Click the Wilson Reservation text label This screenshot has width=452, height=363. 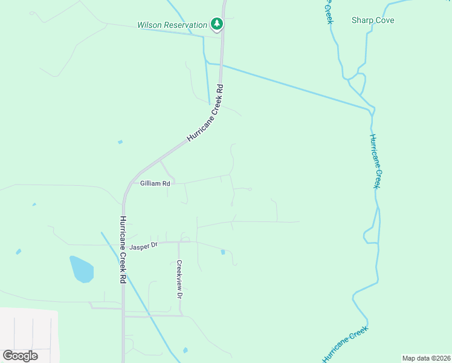click(172, 25)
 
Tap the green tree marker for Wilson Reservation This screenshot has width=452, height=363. click(217, 24)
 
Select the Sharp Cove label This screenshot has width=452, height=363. click(373, 20)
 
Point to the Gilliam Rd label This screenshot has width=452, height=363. click(155, 183)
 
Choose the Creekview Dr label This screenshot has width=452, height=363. click(179, 280)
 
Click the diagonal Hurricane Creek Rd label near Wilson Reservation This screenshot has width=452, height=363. click(205, 113)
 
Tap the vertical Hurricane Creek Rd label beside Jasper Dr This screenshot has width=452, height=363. click(123, 249)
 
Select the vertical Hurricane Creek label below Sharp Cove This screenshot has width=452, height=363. click(376, 161)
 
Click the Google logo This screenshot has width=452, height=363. click(20, 356)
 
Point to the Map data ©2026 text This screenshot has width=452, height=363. click(426, 358)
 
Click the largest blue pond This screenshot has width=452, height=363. click(82, 269)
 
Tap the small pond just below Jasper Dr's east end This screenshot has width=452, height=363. click(223, 252)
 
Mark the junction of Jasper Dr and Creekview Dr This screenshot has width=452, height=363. click(179, 242)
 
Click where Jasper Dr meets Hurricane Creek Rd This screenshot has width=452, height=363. click(124, 244)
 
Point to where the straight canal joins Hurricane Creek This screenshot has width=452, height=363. click(370, 110)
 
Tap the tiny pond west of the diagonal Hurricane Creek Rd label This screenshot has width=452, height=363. click(120, 142)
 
